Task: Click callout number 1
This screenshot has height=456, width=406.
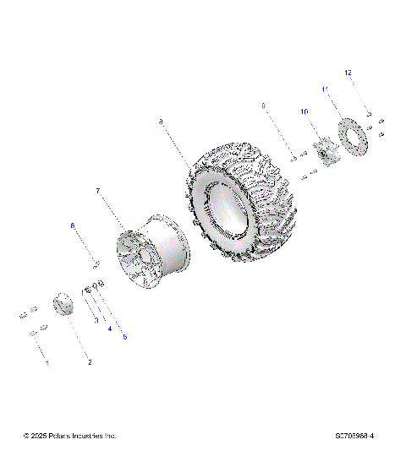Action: [47, 362]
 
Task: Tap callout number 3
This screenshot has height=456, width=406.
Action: [96, 321]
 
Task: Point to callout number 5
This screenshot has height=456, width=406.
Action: [124, 337]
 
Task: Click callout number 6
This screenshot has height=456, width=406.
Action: [73, 225]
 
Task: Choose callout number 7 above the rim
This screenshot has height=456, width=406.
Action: [98, 192]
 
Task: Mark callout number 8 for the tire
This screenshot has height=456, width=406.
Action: [161, 122]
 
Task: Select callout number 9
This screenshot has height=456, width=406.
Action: [264, 106]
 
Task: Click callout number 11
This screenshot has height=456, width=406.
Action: [324, 89]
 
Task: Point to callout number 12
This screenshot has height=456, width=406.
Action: [347, 73]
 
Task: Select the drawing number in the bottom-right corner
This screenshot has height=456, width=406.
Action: [355, 436]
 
